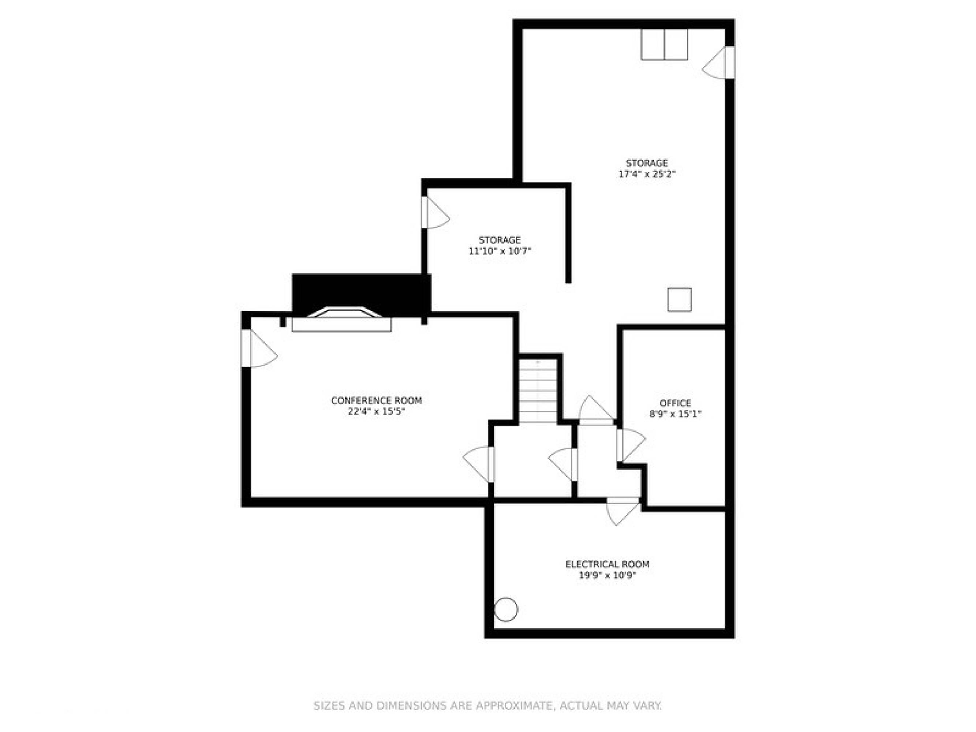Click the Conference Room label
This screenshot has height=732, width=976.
coord(376,401)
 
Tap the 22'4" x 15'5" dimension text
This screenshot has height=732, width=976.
coord(376,412)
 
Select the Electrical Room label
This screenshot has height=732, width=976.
coord(607,564)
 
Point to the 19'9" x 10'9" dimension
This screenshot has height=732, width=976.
coord(607,575)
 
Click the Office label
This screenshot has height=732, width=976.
coord(675,403)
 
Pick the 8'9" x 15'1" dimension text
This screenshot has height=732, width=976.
coord(675,414)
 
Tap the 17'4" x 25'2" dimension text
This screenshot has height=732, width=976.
coord(647,174)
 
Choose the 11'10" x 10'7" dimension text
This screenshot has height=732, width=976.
coord(500,251)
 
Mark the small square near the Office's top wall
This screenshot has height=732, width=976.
coord(679,300)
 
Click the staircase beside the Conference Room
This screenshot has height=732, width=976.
coord(538,391)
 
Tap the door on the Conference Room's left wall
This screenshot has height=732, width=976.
coord(259,348)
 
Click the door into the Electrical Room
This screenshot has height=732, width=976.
coord(622,511)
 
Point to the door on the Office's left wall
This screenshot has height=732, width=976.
coord(631,445)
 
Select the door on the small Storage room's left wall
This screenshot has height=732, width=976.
coord(435,212)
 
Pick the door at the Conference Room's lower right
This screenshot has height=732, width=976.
coord(478,464)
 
